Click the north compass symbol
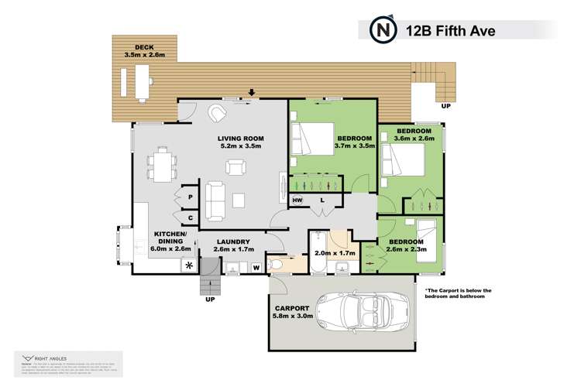click(x=382, y=30)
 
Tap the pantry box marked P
click(x=190, y=197)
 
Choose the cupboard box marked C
click(x=190, y=218)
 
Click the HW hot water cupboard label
click(x=297, y=201)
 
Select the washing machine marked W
click(x=256, y=269)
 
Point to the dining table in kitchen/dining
click(x=162, y=163)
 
